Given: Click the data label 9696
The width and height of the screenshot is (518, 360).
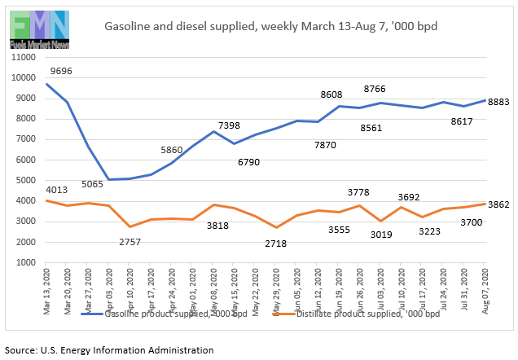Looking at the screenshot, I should tap(61, 71).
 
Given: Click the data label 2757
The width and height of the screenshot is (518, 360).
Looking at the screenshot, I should tap(130, 242).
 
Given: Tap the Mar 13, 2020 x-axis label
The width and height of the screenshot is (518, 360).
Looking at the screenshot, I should tap(47, 287).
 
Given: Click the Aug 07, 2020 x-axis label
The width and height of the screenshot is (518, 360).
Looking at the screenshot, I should tap(485, 287).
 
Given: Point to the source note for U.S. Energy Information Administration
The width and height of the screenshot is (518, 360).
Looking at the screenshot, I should tap(109, 349).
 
